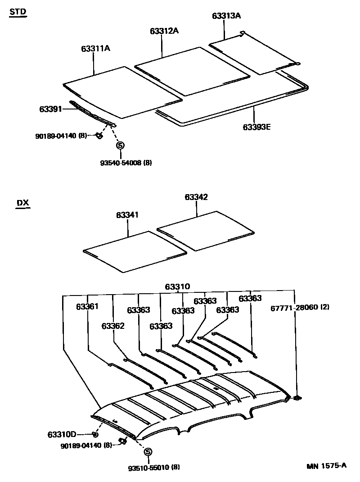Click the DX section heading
(22, 203)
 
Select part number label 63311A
(95, 48)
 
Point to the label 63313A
(226, 16)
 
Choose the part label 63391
(50, 109)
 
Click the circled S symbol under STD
(120, 145)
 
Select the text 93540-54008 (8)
(126, 163)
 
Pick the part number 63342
(196, 197)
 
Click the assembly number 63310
(177, 286)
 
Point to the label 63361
(87, 306)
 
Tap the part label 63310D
(61, 435)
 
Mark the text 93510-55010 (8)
(153, 467)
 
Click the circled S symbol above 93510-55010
(148, 452)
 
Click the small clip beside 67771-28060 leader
(297, 398)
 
